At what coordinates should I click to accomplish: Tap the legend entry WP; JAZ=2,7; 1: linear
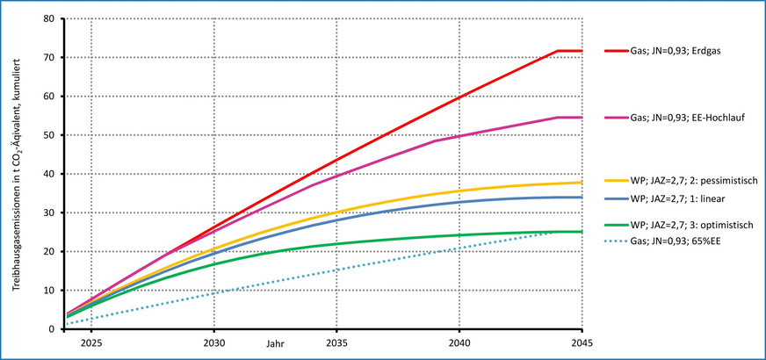pyautogui.click(x=669, y=198)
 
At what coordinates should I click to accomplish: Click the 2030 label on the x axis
pyautogui.click(x=213, y=343)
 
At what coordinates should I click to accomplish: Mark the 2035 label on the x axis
pyautogui.click(x=336, y=343)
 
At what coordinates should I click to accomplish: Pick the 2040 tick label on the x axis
pyautogui.click(x=459, y=343)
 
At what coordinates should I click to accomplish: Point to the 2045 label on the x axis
pyautogui.click(x=581, y=343)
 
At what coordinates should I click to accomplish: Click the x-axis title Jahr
pyautogui.click(x=277, y=343)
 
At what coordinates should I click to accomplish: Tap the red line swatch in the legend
pyautogui.click(x=615, y=51)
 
